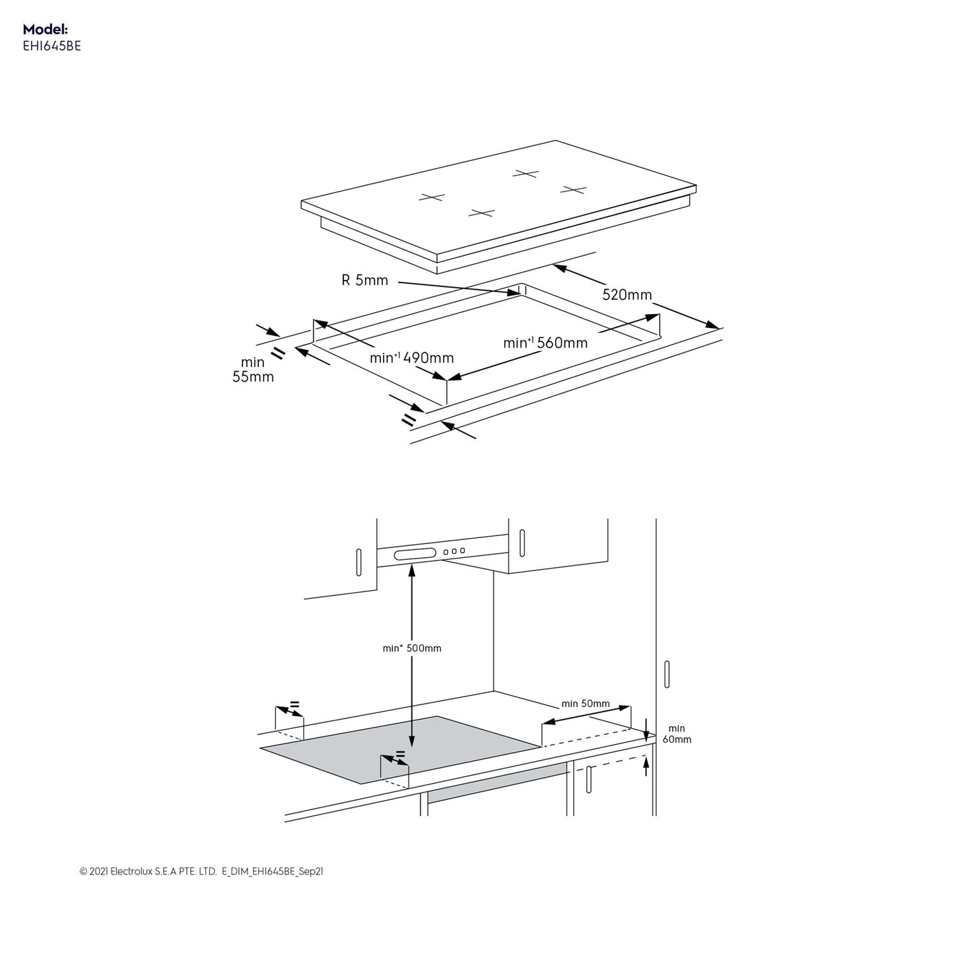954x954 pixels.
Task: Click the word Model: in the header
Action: [45, 30]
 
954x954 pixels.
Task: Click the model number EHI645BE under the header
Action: [51, 46]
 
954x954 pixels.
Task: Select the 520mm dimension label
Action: [627, 295]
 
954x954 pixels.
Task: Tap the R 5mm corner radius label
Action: [364, 281]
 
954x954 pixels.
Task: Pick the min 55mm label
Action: [253, 370]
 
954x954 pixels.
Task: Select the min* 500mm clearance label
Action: [412, 648]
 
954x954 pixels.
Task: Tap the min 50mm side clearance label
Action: [586, 704]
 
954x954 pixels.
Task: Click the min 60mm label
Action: [677, 734]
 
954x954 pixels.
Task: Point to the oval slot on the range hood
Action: [415, 555]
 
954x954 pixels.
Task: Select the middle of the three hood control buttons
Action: [454, 551]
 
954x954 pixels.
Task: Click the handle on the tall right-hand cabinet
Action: [667, 674]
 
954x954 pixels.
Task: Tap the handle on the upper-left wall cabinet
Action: [358, 562]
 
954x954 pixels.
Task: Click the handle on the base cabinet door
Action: [589, 780]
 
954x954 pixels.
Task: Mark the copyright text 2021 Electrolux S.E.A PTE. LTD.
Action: [148, 871]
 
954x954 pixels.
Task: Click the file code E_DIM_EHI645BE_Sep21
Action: [273, 871]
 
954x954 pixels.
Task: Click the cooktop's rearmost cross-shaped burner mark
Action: [526, 174]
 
